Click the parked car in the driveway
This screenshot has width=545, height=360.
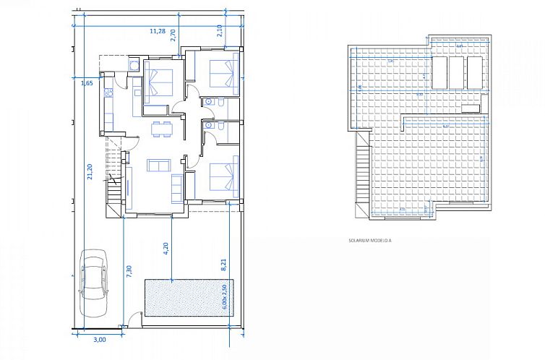click(x=93, y=279)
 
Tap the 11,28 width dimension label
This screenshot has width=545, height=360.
click(x=157, y=31)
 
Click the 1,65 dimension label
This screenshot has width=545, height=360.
click(x=86, y=83)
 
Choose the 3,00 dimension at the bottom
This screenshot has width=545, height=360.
click(x=100, y=339)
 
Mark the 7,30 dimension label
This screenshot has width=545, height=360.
click(x=129, y=272)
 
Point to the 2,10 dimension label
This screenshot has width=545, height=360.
click(x=220, y=30)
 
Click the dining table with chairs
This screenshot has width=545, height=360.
click(x=161, y=129)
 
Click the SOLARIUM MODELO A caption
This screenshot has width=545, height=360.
click(x=369, y=240)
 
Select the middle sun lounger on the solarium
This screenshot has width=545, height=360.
click(x=456, y=73)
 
